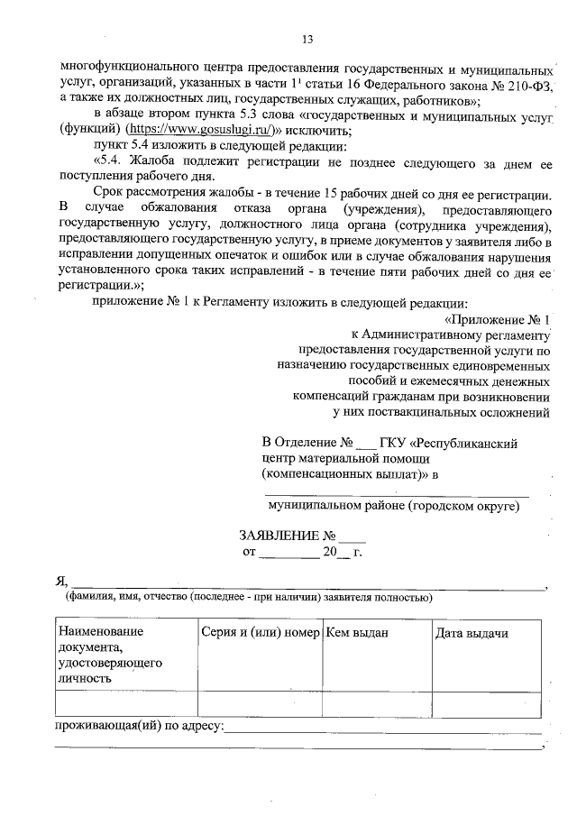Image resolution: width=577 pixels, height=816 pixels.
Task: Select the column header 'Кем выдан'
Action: click(x=357, y=633)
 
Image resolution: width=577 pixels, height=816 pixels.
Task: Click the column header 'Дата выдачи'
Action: click(x=472, y=633)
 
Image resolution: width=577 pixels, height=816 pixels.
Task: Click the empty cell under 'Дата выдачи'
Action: click(x=486, y=703)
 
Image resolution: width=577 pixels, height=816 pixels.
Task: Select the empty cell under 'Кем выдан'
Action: click(x=376, y=703)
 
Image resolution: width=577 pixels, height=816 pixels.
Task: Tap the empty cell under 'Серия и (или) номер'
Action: click(x=261, y=703)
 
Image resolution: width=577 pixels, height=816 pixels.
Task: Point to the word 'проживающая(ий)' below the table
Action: click(x=105, y=726)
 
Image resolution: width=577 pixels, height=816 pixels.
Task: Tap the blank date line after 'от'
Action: click(x=288, y=551)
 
